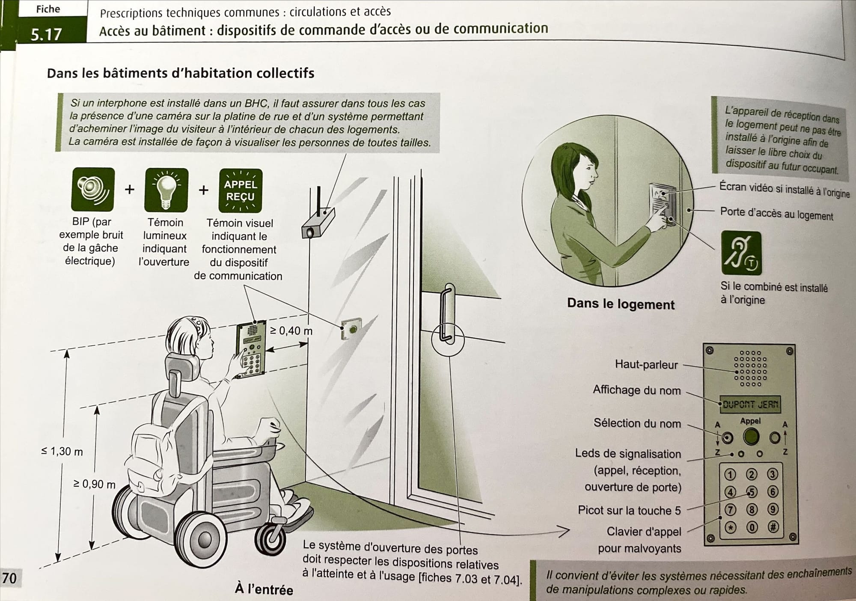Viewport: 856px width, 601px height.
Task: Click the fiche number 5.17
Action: coord(46,34)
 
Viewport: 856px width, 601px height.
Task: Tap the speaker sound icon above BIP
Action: coord(93,189)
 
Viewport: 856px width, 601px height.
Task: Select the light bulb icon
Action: coord(166,190)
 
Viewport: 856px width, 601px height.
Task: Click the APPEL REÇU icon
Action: coord(240,190)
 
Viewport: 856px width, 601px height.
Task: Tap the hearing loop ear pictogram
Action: coord(741,253)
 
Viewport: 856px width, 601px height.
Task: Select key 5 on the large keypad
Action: coord(752,492)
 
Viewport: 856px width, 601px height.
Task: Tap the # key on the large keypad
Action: coord(773,527)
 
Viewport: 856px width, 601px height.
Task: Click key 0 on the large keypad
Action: coord(752,527)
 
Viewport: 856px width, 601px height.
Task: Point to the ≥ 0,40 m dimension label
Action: coord(291,331)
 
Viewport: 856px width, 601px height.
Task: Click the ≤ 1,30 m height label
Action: coord(62,451)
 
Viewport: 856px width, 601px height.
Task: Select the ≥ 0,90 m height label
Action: coord(95,484)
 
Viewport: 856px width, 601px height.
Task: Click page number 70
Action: coord(9,578)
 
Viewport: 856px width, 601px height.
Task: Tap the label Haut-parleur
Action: coord(646,365)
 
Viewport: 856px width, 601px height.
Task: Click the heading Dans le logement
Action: coord(621,304)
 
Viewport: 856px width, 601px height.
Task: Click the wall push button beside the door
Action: coord(352,329)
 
